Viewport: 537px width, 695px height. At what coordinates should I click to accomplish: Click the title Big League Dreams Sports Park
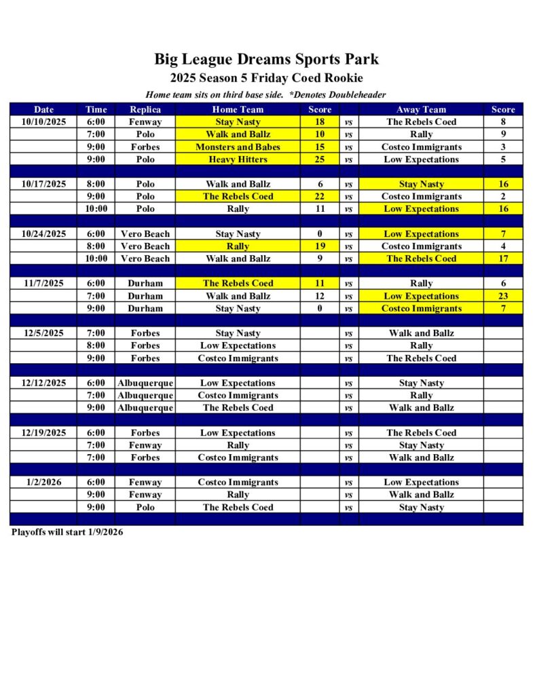pos(266,59)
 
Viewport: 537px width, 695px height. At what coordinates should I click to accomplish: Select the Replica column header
pos(145,109)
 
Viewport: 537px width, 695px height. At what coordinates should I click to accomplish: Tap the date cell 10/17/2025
pos(43,184)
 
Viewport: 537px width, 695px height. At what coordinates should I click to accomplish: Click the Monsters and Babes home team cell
pos(238,147)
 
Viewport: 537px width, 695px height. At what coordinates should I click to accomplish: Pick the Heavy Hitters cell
pos(238,159)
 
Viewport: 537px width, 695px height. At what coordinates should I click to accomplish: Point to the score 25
pos(320,159)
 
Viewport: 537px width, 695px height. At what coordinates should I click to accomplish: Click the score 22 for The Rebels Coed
pos(320,196)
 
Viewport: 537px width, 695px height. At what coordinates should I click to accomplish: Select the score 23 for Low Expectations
pos(503,296)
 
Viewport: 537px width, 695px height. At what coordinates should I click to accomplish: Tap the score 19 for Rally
pos(320,246)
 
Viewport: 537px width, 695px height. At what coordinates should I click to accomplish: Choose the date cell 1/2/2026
pos(43,482)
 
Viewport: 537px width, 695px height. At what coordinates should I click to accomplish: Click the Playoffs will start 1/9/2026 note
pos(67,532)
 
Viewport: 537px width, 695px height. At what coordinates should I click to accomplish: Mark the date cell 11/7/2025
pos(43,283)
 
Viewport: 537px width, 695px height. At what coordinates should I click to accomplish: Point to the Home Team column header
pos(238,109)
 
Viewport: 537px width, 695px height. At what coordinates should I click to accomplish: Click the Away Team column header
pos(421,109)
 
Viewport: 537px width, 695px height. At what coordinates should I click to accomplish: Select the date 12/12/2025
pos(43,383)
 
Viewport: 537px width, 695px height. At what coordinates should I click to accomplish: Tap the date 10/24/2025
pos(43,233)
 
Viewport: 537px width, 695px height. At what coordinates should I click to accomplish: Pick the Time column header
pos(96,109)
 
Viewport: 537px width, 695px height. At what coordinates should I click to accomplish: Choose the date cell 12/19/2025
pos(43,432)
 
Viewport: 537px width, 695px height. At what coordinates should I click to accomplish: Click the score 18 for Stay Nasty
pos(320,122)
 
